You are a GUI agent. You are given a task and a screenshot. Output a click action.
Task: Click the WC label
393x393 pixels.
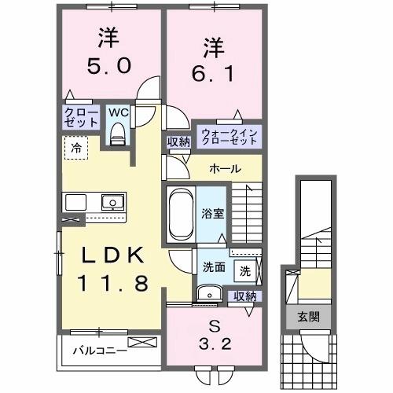click(x=118, y=112)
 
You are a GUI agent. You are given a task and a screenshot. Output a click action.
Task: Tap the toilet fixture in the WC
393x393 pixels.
click(x=119, y=136)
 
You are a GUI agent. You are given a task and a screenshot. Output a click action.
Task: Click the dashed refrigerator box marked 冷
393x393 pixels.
click(x=76, y=147)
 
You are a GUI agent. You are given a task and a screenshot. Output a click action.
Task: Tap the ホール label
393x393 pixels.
click(x=225, y=169)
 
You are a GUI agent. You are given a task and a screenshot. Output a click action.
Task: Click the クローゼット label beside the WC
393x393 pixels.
click(x=81, y=118)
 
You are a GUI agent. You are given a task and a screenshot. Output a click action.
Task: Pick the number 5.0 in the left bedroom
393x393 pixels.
click(x=102, y=67)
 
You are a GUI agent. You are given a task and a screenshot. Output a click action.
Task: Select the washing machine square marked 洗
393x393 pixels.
click(x=244, y=271)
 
